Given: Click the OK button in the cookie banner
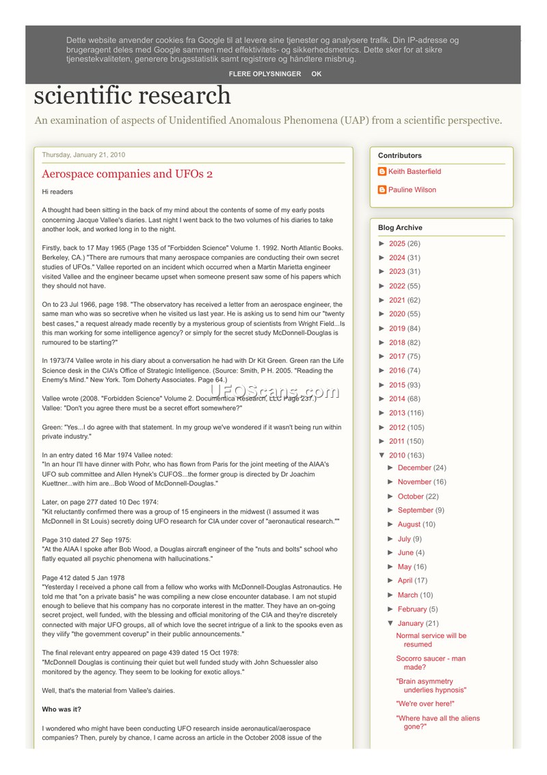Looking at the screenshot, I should point(316,74).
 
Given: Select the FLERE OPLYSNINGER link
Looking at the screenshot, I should point(265,74).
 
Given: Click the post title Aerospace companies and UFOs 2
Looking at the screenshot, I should point(127,174).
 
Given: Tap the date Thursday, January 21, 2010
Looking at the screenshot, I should point(83,155).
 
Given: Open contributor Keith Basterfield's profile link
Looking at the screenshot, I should point(414,172).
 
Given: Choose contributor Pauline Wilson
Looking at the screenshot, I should point(412,190).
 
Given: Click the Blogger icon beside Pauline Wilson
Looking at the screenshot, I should point(382,190).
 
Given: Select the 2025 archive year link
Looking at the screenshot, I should point(397,244).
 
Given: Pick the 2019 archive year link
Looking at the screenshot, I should point(397,329).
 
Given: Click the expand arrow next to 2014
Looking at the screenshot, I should point(382,399).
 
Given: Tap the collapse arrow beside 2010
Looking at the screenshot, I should point(382,456).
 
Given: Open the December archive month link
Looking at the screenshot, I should point(414,468).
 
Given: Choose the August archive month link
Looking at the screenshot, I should point(409,524).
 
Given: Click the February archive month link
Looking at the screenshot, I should point(412,609).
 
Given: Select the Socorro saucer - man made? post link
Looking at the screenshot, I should point(431,663).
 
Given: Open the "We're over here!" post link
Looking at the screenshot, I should point(425,704).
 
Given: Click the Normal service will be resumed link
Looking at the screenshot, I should point(431,640).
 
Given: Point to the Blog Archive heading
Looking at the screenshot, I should point(400,228).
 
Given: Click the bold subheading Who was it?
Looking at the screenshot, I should point(62,709).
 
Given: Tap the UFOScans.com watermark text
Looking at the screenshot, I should point(274,392).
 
